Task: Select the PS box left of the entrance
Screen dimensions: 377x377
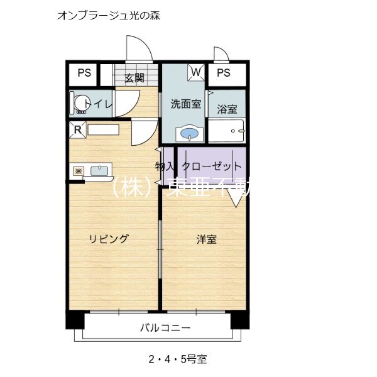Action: coord(84,73)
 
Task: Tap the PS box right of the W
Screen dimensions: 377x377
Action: coord(224,73)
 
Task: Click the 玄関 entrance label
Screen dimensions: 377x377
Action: coord(134,78)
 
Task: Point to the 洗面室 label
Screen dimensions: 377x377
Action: coord(185,104)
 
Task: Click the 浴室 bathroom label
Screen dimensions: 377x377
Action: coord(227,109)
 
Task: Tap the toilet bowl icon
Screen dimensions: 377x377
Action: coord(79,104)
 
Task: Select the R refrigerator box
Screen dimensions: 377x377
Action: coord(77,130)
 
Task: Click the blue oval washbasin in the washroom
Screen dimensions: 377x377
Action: coord(188,133)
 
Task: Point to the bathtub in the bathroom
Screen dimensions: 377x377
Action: coord(227,133)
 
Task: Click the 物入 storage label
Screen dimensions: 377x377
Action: coord(165,167)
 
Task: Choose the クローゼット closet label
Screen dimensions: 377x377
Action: coord(211,167)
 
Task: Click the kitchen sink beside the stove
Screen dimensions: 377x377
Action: coord(101,170)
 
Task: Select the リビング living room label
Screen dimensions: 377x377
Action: coord(109,239)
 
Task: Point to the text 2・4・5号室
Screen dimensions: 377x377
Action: coord(178,360)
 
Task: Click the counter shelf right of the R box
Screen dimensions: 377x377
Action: coord(103,130)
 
